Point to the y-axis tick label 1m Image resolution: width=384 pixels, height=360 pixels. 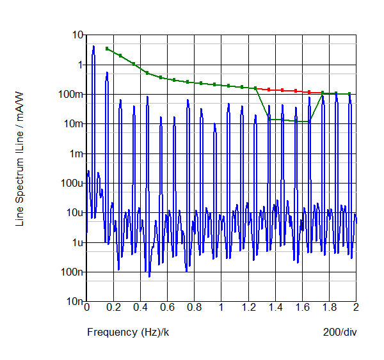coord(76,153)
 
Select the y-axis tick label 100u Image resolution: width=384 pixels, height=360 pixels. coord(74,183)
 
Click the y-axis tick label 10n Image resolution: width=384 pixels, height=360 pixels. coord(76,301)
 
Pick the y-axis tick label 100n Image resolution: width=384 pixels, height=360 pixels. coord(74,272)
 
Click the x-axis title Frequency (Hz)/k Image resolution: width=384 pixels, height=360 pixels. coord(128,332)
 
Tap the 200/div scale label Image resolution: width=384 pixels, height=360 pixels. coord(340,332)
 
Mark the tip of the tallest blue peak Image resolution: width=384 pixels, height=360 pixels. coord(93,46)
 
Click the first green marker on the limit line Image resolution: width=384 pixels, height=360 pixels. coord(107,49)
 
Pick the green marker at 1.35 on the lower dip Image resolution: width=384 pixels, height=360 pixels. coord(269,119)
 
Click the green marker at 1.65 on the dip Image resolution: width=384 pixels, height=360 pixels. coord(309,121)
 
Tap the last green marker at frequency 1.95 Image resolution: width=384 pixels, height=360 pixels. coord(349,94)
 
